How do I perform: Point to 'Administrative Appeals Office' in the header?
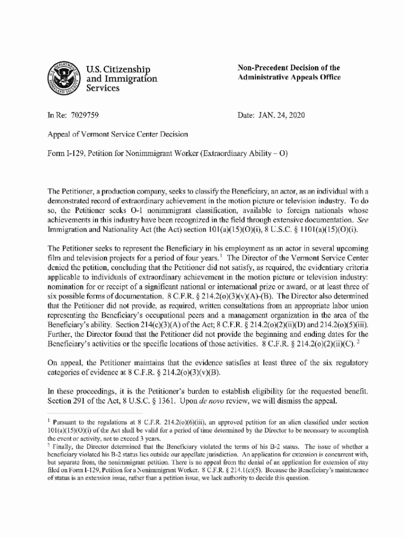pyautogui.click(x=289, y=78)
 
